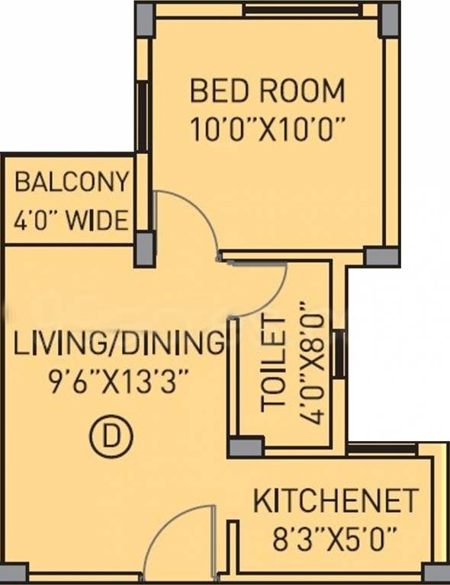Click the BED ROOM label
[x=268, y=91]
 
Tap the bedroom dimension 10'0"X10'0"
[x=267, y=129]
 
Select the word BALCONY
[x=72, y=181]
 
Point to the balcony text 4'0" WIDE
[x=71, y=219]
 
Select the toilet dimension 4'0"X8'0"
[x=310, y=363]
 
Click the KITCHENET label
[x=335, y=500]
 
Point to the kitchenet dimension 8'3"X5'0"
[x=334, y=539]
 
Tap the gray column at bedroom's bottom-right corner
[x=381, y=257]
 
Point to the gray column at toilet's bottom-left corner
[x=246, y=447]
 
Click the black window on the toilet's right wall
[x=339, y=353]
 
